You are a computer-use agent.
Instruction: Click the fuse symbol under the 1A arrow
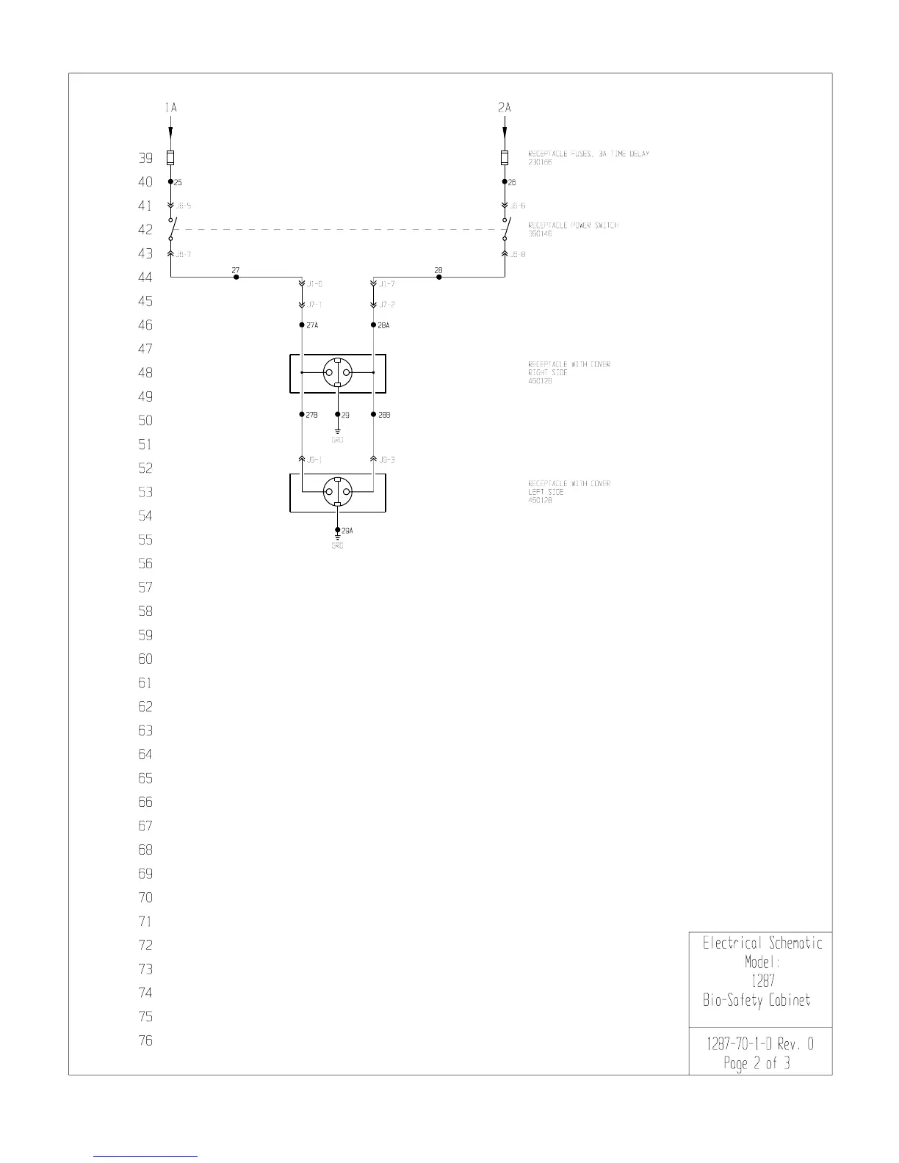(x=170, y=157)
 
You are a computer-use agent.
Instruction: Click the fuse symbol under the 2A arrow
(x=505, y=157)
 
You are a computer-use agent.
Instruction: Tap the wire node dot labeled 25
(x=170, y=181)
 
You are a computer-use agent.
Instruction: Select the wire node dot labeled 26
(x=505, y=181)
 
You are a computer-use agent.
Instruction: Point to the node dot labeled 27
(x=236, y=277)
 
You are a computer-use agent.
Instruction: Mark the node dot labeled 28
(x=439, y=277)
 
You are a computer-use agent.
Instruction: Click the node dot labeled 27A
(x=302, y=325)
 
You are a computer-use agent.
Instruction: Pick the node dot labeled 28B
(x=373, y=415)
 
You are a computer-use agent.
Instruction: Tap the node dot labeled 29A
(x=337, y=530)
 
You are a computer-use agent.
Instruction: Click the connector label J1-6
(x=314, y=283)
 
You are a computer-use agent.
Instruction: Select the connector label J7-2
(x=386, y=305)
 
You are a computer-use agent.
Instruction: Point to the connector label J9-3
(x=386, y=460)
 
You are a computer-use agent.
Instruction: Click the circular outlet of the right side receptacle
(x=337, y=373)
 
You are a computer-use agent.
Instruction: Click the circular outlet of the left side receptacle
(x=337, y=492)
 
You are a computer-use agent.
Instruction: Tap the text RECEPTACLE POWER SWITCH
(x=574, y=225)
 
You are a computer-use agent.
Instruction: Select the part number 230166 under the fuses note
(x=540, y=162)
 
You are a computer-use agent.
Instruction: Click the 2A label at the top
(x=504, y=108)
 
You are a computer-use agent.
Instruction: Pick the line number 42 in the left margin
(x=145, y=230)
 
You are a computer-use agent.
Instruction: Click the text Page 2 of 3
(x=757, y=1063)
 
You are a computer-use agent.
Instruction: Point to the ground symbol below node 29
(x=337, y=431)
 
